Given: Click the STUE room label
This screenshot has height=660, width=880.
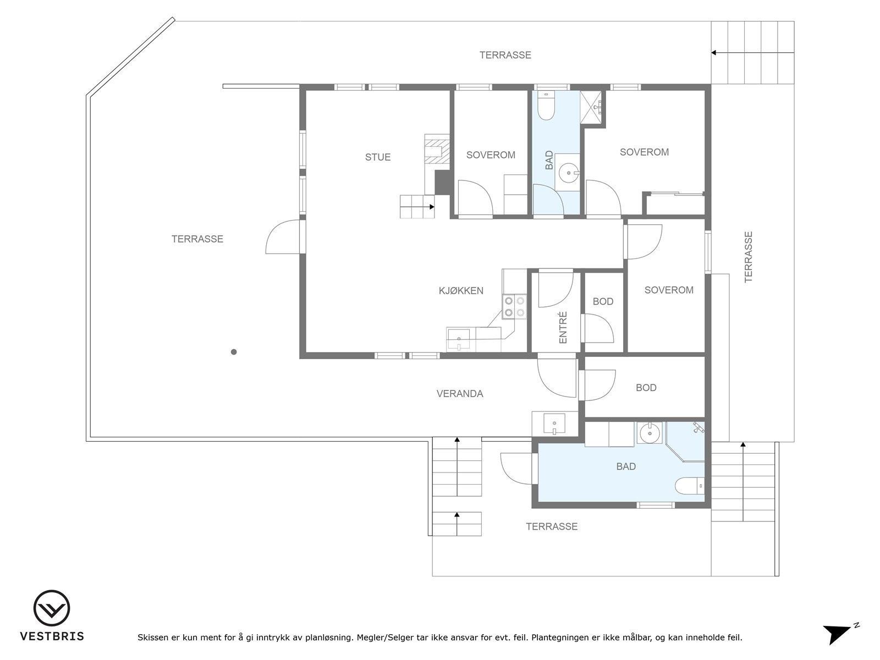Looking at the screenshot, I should tap(378, 157).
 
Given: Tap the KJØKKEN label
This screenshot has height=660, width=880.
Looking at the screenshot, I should tap(461, 290).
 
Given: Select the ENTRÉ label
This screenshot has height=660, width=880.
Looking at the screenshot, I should tap(563, 328).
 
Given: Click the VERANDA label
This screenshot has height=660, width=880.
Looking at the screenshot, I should tap(460, 394).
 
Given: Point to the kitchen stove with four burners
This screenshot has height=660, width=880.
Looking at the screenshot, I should tap(514, 307).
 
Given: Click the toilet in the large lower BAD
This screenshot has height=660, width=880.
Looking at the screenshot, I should tap(690, 486).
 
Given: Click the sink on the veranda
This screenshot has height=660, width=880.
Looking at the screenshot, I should tap(554, 424).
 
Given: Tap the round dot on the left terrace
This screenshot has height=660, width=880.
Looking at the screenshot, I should tap(234, 352).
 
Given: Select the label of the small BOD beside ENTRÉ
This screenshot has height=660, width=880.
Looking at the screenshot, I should tap(603, 301).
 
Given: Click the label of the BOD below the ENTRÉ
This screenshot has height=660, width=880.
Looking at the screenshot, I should tap(646, 388).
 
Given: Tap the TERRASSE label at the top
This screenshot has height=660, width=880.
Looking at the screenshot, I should tap(505, 55).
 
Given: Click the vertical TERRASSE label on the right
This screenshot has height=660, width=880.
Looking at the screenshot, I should tap(749, 257).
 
